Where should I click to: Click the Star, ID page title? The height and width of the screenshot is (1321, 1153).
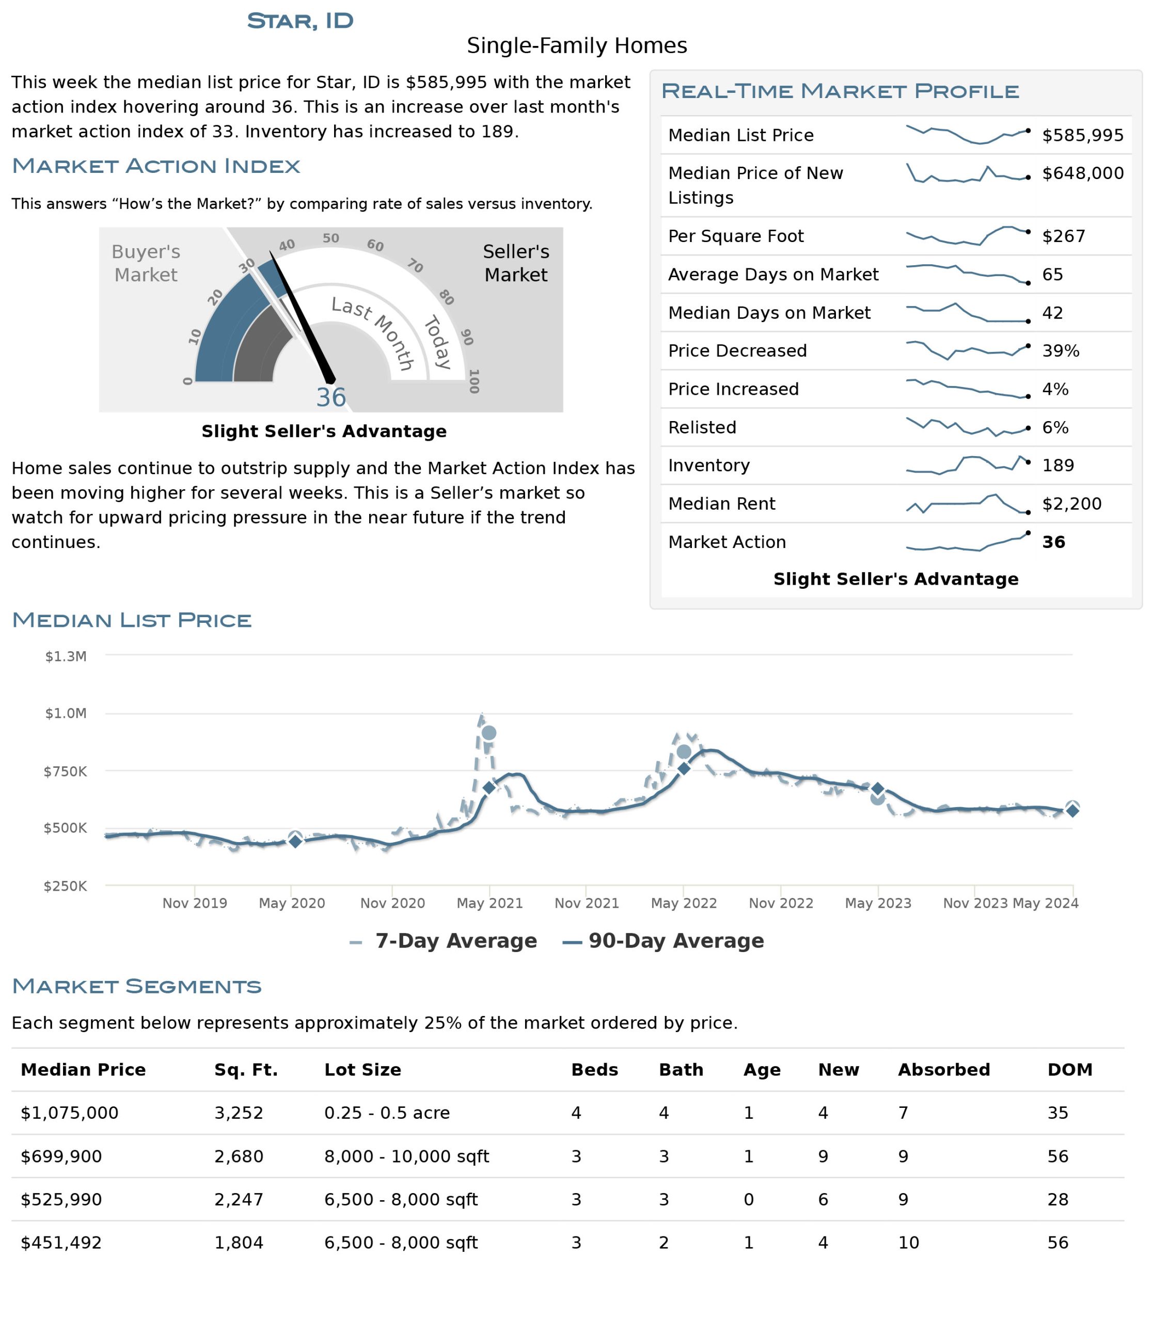(300, 21)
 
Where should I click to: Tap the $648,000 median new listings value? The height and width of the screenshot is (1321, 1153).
(1082, 173)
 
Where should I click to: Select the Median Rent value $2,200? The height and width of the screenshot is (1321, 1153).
(1071, 504)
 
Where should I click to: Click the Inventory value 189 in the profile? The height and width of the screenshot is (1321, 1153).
(1058, 465)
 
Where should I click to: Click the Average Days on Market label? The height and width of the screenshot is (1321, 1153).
(773, 275)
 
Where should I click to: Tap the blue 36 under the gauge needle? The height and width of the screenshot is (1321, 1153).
(330, 397)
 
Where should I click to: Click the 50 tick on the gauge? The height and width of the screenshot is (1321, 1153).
(330, 238)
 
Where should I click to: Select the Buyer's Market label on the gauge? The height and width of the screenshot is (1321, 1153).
(146, 263)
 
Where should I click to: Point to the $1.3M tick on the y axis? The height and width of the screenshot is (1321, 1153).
(66, 656)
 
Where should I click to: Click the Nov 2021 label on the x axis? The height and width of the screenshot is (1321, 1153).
(586, 903)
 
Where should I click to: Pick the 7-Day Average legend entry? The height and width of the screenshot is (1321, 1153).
(455, 941)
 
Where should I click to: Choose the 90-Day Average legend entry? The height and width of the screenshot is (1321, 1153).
(675, 941)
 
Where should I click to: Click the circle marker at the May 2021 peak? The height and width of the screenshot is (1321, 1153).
(489, 733)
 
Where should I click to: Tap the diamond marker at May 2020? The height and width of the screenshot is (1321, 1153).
(295, 841)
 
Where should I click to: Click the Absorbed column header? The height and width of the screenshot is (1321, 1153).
(943, 1070)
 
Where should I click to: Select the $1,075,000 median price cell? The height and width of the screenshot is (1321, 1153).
(70, 1113)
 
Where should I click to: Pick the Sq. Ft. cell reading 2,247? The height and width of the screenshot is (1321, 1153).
(239, 1199)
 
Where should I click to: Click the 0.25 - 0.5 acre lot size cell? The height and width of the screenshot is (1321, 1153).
(387, 1113)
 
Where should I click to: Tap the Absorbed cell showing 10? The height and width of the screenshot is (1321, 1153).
(908, 1243)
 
